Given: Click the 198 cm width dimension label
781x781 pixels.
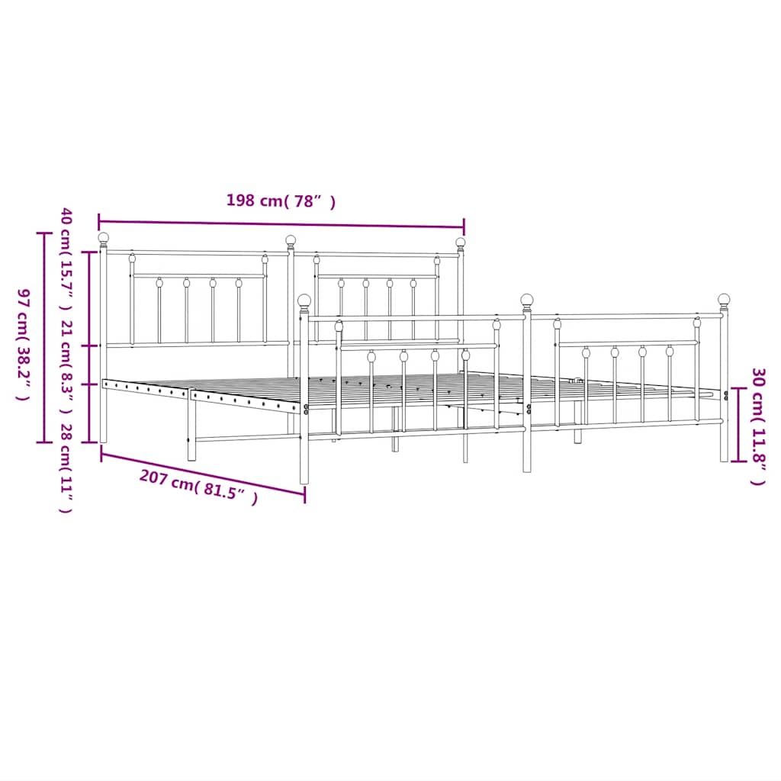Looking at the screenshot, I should [280, 201].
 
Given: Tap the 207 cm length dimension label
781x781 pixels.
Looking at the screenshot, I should [198, 487].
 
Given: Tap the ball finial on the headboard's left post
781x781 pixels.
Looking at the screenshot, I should [104, 238].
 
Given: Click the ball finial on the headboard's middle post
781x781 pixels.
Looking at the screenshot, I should [291, 240].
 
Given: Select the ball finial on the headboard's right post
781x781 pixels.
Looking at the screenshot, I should [461, 243].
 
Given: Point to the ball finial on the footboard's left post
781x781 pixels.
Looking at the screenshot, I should [304, 301].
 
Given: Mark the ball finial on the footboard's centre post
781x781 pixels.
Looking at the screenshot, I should [527, 300].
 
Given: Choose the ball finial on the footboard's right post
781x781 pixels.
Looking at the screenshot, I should [724, 299].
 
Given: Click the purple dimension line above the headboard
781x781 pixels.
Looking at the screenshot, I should [281, 224].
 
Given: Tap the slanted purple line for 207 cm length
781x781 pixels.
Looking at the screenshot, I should [203, 473].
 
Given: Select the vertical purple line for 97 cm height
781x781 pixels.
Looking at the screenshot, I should [43, 336].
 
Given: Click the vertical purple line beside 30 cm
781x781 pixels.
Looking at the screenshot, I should [738, 425].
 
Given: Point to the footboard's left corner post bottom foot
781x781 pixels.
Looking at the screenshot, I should [305, 479].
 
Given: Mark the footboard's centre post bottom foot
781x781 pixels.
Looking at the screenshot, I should [527, 467].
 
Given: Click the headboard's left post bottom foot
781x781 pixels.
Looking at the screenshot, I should [104, 438].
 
